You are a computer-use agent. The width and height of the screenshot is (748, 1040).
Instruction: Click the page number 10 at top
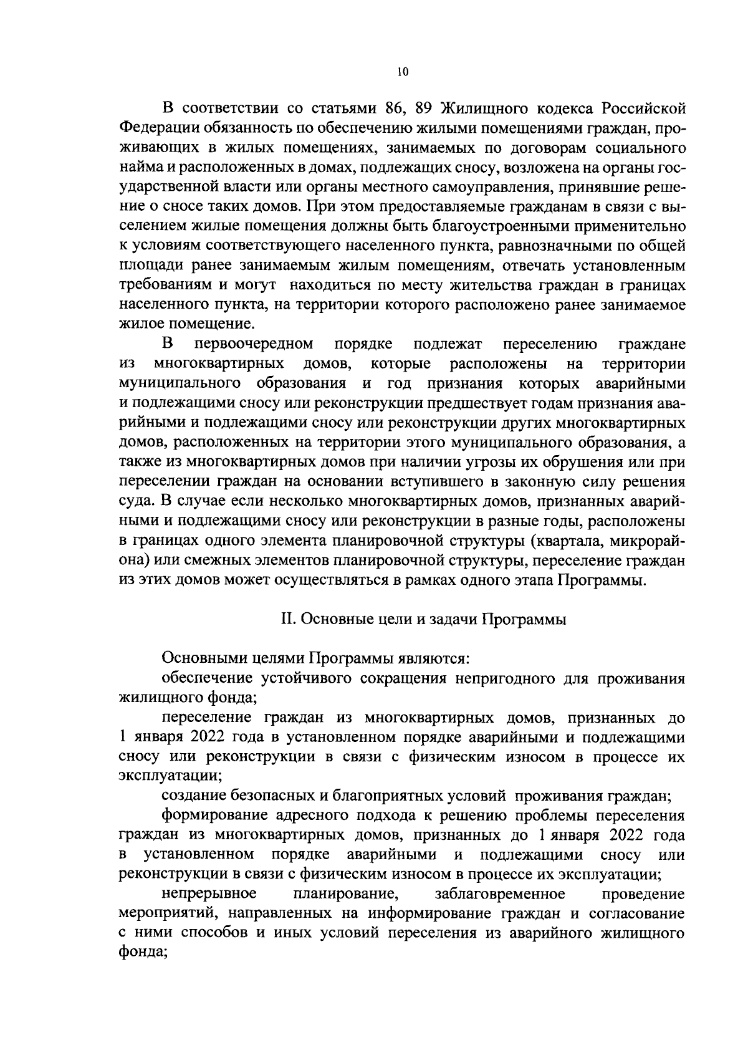[402, 72]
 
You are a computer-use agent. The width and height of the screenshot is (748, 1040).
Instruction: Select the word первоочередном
[254, 344]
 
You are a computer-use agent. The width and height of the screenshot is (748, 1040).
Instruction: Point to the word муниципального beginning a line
[180, 383]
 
